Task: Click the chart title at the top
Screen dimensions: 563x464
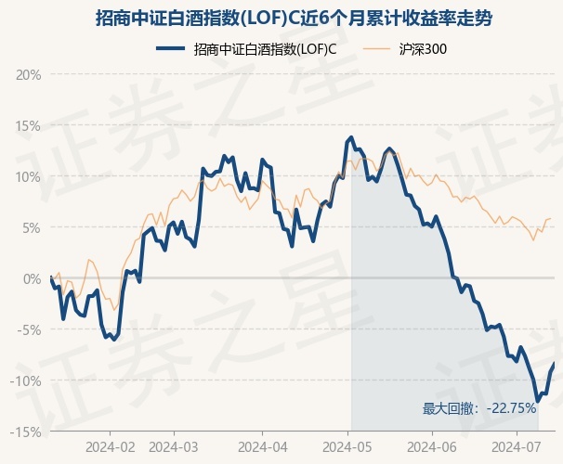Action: tap(294, 19)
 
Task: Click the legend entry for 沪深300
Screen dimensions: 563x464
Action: tap(405, 49)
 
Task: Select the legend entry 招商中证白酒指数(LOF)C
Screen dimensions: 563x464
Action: tap(246, 49)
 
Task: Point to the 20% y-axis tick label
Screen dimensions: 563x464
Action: tap(29, 75)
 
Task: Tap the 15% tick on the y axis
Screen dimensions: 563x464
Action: tap(29, 126)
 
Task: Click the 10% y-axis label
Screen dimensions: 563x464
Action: tap(29, 176)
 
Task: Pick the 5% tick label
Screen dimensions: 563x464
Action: tap(32, 227)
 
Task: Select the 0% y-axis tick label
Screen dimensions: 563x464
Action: tap(32, 278)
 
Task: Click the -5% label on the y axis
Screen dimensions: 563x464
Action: tap(29, 329)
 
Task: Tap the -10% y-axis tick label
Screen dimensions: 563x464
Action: tap(26, 380)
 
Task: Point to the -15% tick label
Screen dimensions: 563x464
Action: tap(26, 432)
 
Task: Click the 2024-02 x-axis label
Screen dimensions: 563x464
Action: tap(111, 447)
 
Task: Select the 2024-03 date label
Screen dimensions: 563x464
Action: tap(173, 447)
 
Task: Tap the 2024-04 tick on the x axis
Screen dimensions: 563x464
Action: tap(263, 447)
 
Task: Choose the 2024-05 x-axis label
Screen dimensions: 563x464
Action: tap(347, 447)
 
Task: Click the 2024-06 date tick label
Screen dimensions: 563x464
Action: tap(432, 447)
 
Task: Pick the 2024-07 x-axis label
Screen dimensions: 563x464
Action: tap(516, 447)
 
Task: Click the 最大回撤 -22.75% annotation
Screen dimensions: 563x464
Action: tap(479, 408)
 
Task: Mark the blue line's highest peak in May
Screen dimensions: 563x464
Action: tap(351, 137)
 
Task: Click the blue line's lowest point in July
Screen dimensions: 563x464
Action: tap(538, 401)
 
